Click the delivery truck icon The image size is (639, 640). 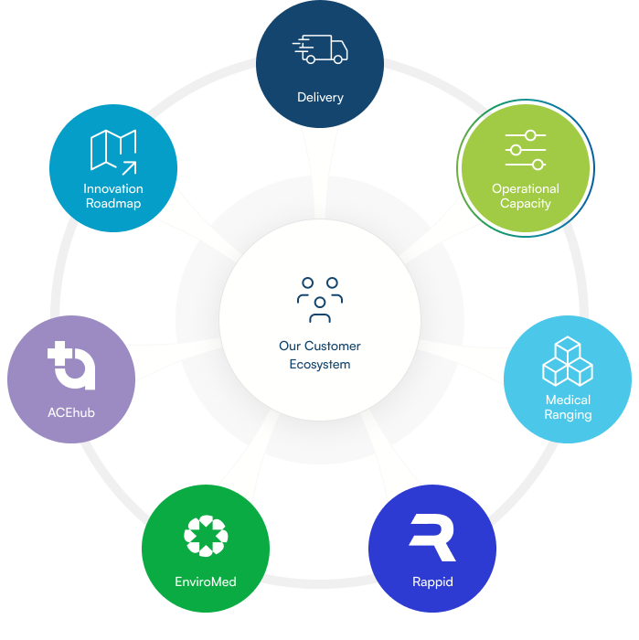click(319, 50)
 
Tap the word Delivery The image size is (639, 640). click(320, 97)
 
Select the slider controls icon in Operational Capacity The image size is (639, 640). click(526, 150)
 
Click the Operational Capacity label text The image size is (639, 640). click(526, 196)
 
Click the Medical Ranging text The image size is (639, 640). click(568, 407)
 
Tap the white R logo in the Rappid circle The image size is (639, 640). click(432, 538)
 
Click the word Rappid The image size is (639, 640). click(432, 581)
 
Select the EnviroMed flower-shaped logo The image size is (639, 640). click(206, 536)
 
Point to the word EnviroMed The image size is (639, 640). click(206, 581)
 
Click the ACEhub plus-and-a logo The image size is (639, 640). click(71, 365)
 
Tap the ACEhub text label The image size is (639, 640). click(71, 412)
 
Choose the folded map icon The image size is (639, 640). click(113, 151)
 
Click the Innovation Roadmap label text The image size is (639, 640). click(113, 196)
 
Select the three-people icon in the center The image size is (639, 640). click(320, 300)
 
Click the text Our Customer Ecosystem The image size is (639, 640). click(320, 355)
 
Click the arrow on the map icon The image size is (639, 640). click(128, 166)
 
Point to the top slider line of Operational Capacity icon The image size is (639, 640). click(526, 135)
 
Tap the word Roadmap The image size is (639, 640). click(113, 203)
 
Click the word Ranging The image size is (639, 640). click(568, 414)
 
